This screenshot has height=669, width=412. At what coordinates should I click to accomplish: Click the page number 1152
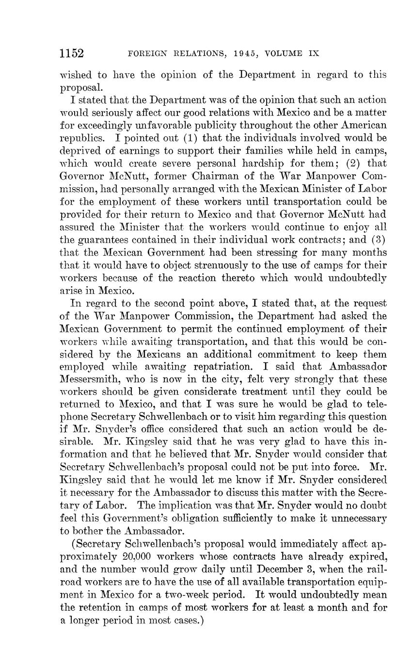coord(72,53)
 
